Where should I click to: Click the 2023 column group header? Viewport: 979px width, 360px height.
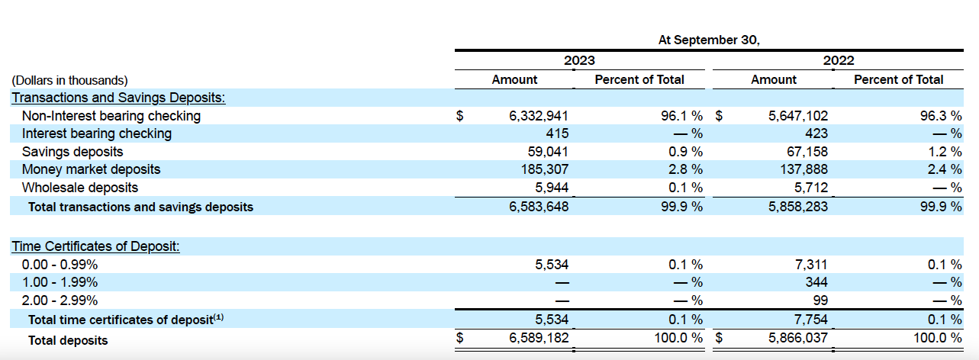click(x=579, y=60)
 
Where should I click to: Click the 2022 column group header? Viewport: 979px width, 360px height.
click(x=839, y=60)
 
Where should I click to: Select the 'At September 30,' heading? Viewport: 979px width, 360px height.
click(x=709, y=40)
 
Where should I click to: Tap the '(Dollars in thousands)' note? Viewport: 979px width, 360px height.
click(x=69, y=80)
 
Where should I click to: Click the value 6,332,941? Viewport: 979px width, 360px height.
click(x=539, y=116)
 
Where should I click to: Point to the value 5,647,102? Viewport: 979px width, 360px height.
click(x=797, y=116)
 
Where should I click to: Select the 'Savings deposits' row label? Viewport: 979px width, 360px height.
click(x=72, y=151)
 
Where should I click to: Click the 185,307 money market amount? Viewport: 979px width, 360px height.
click(x=545, y=169)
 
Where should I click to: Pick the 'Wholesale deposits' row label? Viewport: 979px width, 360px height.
click(x=80, y=187)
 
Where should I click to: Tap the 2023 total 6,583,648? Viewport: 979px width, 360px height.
click(x=539, y=206)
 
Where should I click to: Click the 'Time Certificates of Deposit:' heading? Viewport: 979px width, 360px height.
click(x=95, y=247)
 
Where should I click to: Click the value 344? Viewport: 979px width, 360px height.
click(x=816, y=282)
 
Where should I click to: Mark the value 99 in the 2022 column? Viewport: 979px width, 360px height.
click(x=820, y=301)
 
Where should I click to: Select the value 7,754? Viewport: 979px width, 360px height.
click(x=810, y=320)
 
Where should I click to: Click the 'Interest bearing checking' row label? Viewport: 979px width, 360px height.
click(x=97, y=133)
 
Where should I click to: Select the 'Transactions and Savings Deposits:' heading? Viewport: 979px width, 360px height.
click(x=118, y=98)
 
